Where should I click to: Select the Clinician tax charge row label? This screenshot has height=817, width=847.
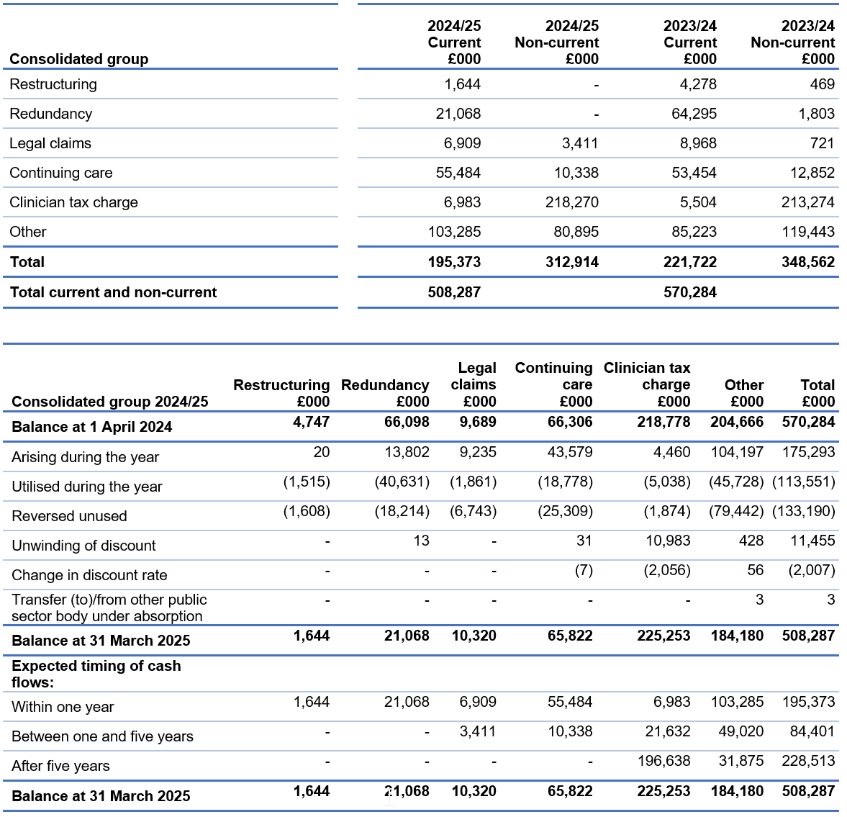click(x=73, y=202)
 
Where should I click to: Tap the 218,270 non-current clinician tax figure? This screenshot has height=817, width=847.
click(x=571, y=202)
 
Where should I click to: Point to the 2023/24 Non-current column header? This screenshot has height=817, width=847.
click(x=792, y=42)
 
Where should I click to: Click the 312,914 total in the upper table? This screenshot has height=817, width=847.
click(x=571, y=262)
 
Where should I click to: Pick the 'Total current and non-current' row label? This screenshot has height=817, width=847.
click(x=113, y=292)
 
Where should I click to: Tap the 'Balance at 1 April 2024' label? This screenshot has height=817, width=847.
click(x=92, y=427)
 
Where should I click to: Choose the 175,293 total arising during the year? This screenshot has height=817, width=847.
click(x=808, y=452)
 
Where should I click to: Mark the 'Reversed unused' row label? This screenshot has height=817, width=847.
click(x=69, y=516)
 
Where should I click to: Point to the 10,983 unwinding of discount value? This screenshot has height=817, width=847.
click(x=668, y=541)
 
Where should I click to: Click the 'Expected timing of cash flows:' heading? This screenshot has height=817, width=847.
click(x=96, y=674)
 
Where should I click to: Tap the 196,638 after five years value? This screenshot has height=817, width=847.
click(x=663, y=761)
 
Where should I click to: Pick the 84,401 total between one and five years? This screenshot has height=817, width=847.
click(x=812, y=731)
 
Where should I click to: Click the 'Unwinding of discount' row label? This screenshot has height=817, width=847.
click(x=83, y=546)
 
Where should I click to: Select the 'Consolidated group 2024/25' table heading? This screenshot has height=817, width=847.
click(x=109, y=402)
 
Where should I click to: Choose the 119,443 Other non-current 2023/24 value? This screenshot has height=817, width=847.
click(x=808, y=232)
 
